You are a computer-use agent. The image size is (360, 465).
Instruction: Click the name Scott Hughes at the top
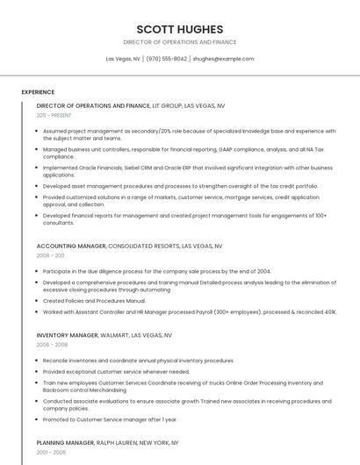[x=179, y=29]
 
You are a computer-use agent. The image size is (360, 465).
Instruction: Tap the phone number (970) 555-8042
[x=166, y=59]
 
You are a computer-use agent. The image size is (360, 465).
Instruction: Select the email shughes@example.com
[x=223, y=59]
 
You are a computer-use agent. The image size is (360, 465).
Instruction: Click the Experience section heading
[x=38, y=91]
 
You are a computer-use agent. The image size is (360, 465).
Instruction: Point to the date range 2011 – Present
[x=54, y=115]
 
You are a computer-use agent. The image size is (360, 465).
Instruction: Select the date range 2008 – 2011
[x=50, y=255]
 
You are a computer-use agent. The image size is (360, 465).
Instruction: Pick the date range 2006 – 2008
[x=52, y=345]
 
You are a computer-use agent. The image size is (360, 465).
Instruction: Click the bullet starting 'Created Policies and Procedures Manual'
[x=94, y=301]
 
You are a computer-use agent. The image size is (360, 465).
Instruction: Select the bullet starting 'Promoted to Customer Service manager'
[x=104, y=420]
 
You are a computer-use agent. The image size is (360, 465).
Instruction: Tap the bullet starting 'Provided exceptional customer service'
[x=116, y=371]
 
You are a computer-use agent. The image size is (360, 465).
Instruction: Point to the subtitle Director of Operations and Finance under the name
[x=179, y=42]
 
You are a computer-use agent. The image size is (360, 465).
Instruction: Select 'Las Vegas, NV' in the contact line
[x=123, y=59]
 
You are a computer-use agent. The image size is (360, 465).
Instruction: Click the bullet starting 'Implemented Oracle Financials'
[x=186, y=171]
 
